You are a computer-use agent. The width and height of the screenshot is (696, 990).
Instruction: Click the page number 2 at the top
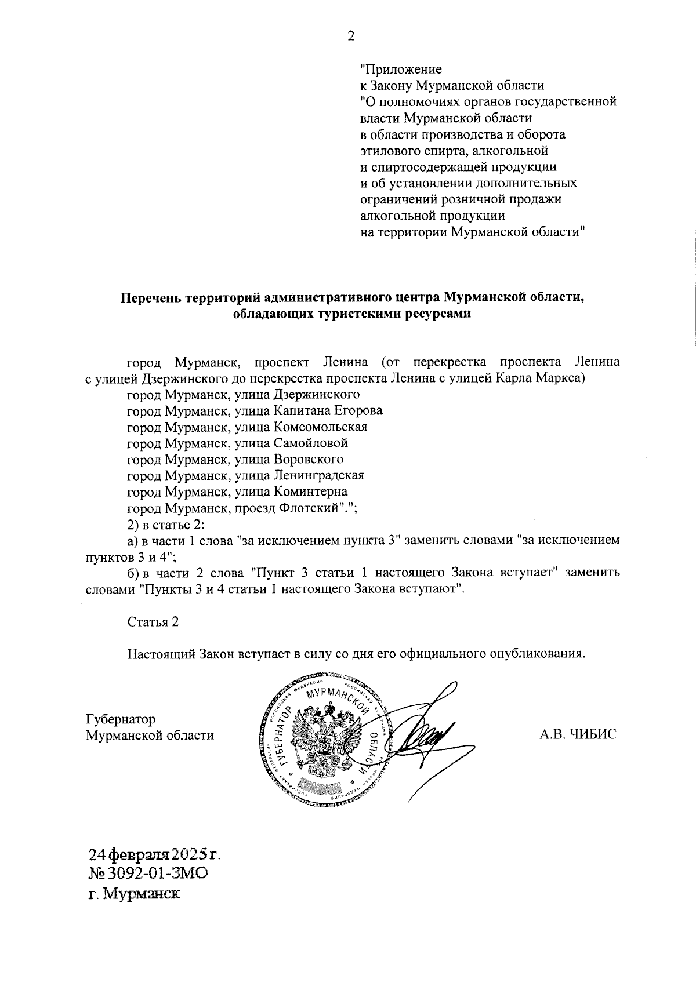(350, 37)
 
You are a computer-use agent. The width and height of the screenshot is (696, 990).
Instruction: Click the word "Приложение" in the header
(401, 70)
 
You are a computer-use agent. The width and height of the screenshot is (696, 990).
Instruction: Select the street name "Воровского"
(309, 460)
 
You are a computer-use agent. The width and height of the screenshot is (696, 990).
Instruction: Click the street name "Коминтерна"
(310, 492)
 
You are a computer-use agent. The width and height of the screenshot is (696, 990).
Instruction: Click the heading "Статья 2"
(153, 622)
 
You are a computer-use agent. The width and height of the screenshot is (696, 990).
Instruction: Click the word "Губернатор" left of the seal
(120, 719)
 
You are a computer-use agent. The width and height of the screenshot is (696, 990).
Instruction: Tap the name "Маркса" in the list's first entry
(561, 379)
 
